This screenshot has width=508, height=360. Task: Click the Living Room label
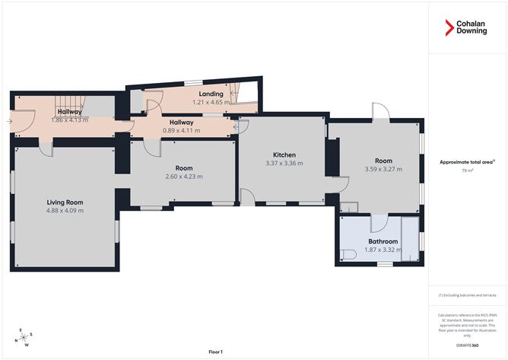tap(65, 202)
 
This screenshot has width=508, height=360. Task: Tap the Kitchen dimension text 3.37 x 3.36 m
tap(284, 163)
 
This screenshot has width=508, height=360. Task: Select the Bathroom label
tap(383, 241)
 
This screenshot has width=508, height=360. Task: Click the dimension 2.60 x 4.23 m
tap(183, 177)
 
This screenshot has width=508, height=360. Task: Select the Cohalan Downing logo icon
tap(449, 28)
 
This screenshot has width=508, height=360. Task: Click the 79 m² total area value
tap(467, 171)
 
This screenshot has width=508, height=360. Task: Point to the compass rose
tap(25, 336)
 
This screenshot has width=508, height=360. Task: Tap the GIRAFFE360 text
tap(467, 346)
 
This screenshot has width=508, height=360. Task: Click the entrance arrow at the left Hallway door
tap(9, 120)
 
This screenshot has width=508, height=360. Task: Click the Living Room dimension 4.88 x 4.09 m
tap(65, 210)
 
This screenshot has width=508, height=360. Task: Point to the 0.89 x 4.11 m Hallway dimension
tap(181, 130)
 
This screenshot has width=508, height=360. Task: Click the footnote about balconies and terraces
tap(467, 295)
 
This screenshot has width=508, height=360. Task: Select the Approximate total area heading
tap(467, 162)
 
